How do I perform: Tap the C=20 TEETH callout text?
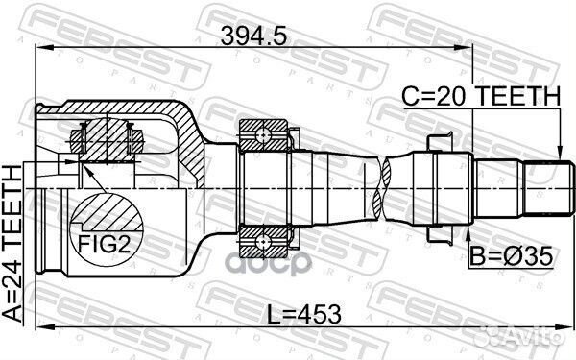481,95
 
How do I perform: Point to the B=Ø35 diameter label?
510,257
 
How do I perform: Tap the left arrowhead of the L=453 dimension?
39,331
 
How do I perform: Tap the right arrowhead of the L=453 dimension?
566,331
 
